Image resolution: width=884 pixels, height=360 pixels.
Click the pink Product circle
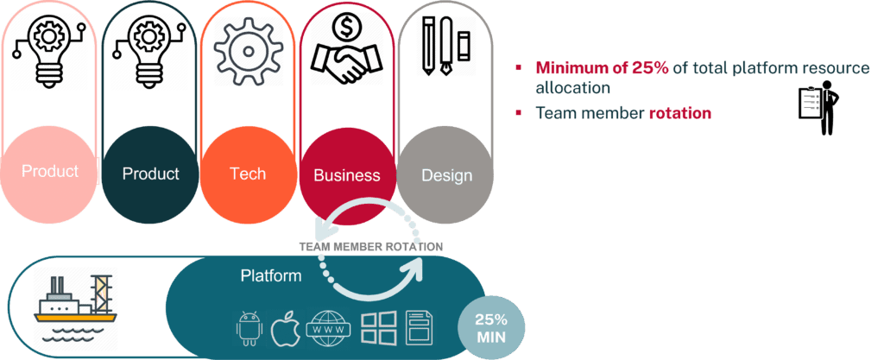[x=49, y=172]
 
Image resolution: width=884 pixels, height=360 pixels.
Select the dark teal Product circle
[x=150, y=174]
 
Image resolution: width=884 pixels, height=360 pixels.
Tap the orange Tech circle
[x=248, y=174]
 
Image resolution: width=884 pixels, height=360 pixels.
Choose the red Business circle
[x=346, y=175]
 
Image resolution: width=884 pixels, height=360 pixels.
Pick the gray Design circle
[x=446, y=175]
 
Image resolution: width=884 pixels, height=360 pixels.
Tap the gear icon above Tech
[x=249, y=48]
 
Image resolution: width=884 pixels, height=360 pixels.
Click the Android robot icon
[x=249, y=329]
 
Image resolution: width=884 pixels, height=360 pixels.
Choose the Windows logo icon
[x=377, y=329]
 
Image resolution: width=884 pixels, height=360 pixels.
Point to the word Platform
[x=271, y=276]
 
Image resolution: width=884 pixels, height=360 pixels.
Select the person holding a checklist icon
[x=819, y=107]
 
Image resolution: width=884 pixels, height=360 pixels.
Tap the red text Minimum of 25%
[x=601, y=67]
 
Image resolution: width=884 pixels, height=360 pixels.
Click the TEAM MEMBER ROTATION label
[x=370, y=247]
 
